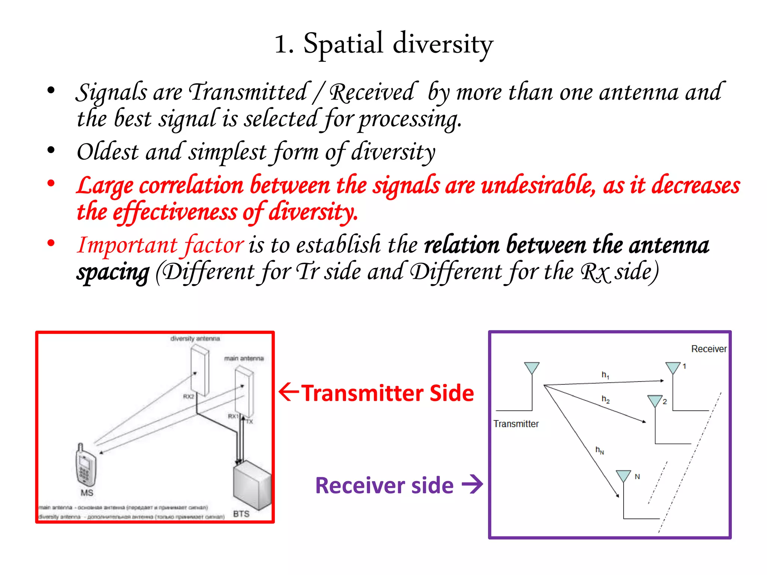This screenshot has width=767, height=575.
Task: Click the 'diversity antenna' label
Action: (x=195, y=339)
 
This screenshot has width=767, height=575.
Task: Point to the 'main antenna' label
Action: (x=244, y=359)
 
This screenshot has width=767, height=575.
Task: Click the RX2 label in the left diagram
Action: (x=188, y=396)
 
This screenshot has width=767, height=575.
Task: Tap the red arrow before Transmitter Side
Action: (x=289, y=392)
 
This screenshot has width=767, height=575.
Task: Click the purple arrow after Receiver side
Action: (x=472, y=484)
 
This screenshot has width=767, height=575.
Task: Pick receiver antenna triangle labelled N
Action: (x=624, y=476)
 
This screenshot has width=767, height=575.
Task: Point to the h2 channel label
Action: (x=605, y=399)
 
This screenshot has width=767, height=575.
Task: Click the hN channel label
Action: (x=600, y=450)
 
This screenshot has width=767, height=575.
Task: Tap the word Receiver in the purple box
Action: (x=709, y=349)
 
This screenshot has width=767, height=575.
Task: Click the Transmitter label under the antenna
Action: (x=516, y=424)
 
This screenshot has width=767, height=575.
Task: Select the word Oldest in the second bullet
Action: (x=107, y=152)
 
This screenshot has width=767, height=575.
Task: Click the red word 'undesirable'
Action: (x=538, y=185)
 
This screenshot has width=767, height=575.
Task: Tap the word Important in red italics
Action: (x=127, y=245)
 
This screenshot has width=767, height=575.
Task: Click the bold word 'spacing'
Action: (x=113, y=272)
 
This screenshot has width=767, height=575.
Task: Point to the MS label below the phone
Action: (x=87, y=493)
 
